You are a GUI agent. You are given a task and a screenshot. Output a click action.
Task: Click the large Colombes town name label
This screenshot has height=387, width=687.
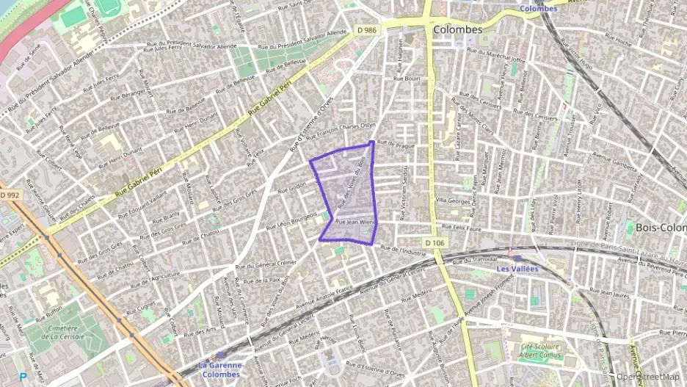pos(458,30)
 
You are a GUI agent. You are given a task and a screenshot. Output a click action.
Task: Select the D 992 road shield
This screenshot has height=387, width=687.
pos(10,195)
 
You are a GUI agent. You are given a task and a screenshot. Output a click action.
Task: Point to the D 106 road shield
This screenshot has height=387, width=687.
pos(434,243)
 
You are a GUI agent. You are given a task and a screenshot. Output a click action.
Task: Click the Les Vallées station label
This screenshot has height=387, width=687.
pos(517,269)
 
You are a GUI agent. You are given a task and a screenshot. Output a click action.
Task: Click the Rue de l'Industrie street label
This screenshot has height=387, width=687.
pos(404,250)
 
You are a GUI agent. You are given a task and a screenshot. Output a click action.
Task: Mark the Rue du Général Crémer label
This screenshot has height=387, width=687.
pos(265,264)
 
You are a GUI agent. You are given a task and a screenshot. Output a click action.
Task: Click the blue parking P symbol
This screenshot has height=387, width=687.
pos(23,377)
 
